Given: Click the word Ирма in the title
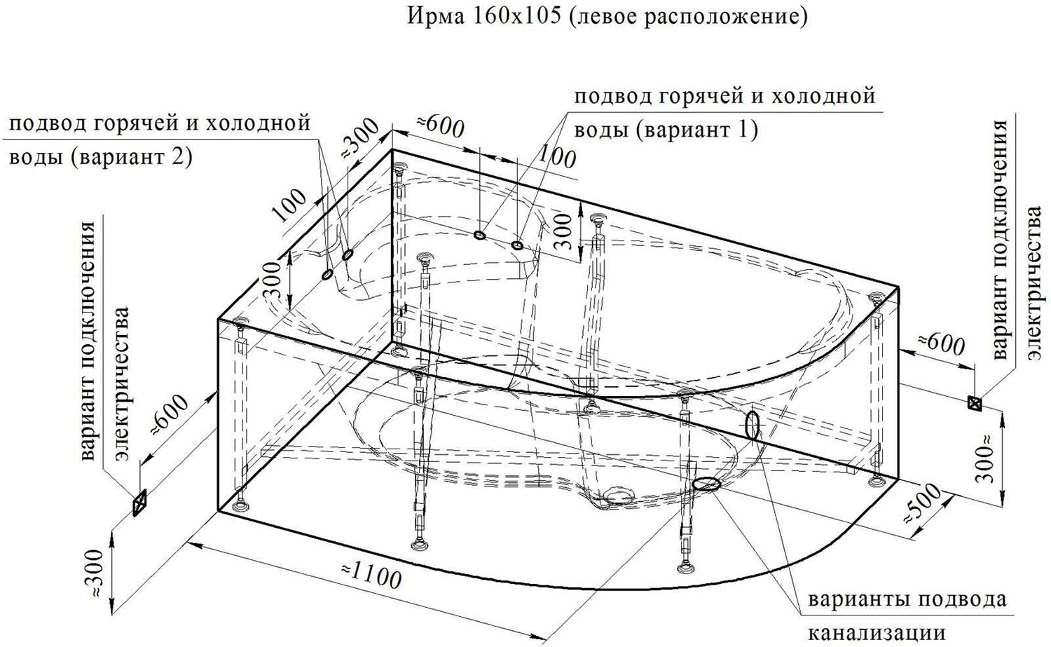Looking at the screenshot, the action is [436, 16].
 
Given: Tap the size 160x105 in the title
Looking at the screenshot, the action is [516, 16].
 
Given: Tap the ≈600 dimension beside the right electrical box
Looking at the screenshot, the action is [941, 344].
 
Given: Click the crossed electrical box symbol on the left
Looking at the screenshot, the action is [139, 503].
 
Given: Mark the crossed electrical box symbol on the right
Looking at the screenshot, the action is [975, 403].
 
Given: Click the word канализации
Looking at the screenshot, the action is [877, 633].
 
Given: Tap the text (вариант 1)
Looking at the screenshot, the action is [696, 130].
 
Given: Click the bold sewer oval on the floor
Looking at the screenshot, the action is [706, 484].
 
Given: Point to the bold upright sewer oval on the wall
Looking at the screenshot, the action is [752, 425].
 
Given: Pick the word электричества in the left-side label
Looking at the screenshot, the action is [122, 384].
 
